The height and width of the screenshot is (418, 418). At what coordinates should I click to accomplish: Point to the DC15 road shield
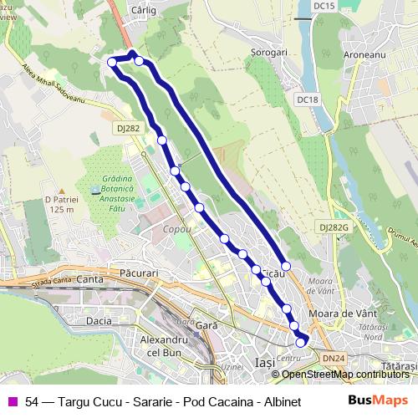(x=324, y=6)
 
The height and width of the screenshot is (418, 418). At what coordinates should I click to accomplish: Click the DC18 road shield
(x=308, y=99)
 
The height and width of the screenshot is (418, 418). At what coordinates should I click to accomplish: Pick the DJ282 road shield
(x=129, y=127)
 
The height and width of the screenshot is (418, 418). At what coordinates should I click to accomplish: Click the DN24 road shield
(x=333, y=357)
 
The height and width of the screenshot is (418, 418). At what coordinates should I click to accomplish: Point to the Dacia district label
(x=99, y=320)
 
